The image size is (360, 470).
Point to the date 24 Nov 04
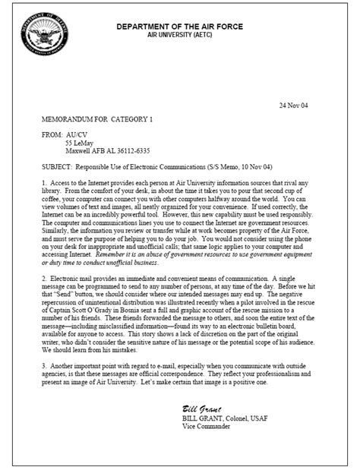[x=294, y=103]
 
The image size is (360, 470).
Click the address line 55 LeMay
[x=79, y=144]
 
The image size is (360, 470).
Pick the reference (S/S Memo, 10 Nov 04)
[x=265, y=167]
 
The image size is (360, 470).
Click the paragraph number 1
[x=45, y=184]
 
